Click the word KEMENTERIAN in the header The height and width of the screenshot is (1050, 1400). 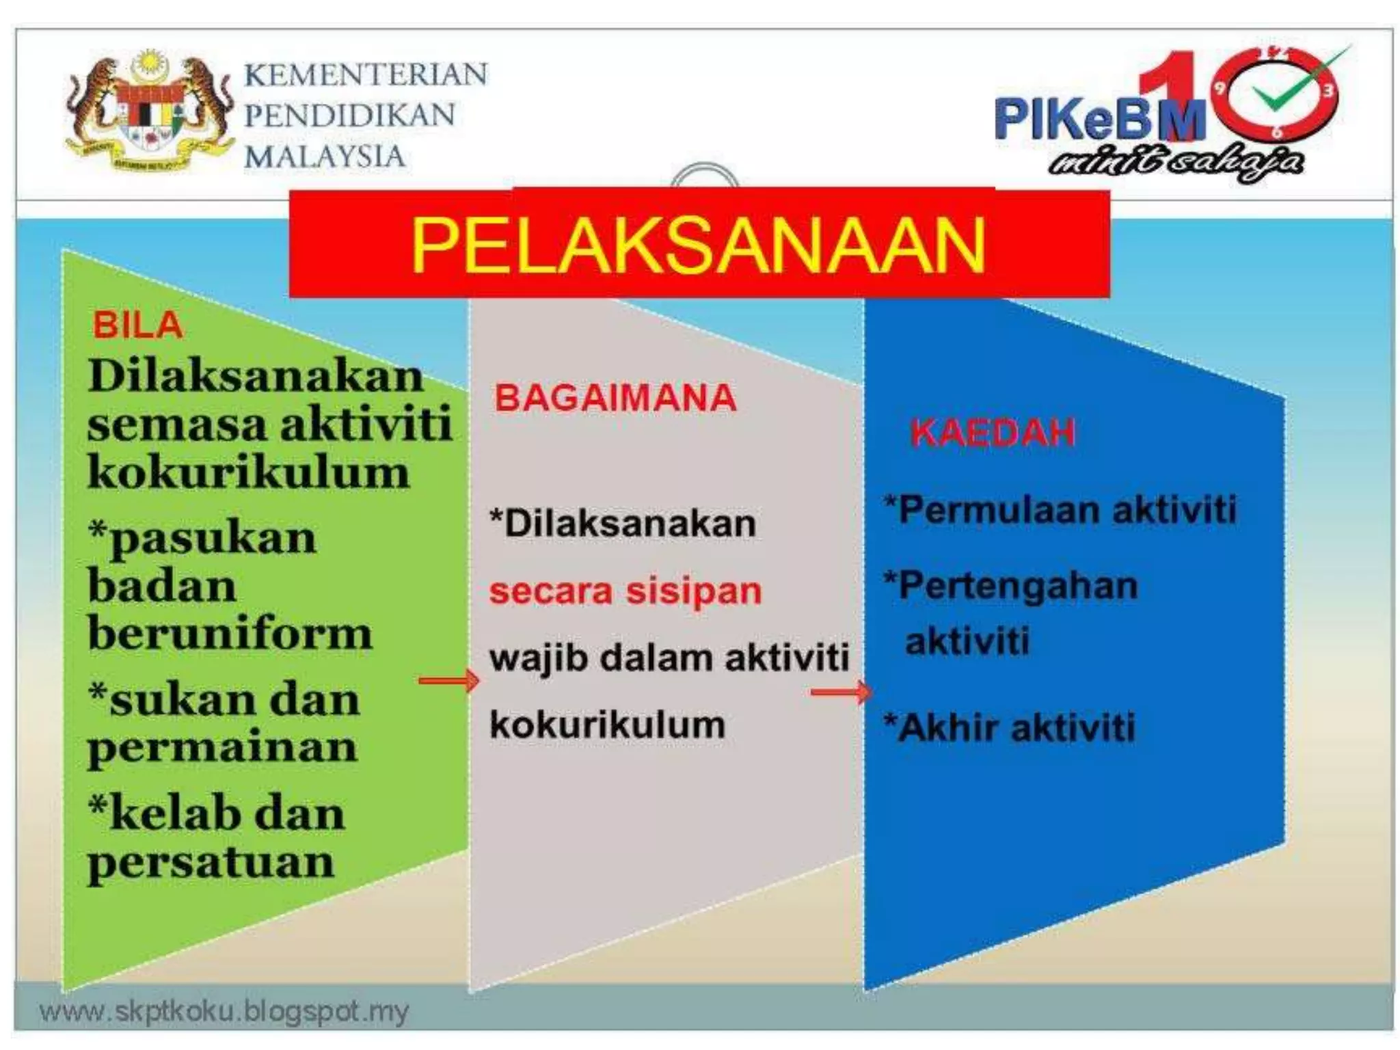[x=366, y=74]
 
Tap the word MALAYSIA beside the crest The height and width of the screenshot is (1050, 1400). [x=325, y=157]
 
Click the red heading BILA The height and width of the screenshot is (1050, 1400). [x=138, y=325]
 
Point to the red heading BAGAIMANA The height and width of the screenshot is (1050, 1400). [x=615, y=398]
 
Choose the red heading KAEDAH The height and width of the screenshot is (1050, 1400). [x=993, y=432]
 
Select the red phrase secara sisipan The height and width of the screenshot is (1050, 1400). [x=625, y=591]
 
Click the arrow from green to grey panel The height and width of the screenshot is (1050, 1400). [x=448, y=680]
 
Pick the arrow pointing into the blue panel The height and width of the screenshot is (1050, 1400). [x=841, y=692]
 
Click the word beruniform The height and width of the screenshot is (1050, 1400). [x=230, y=634]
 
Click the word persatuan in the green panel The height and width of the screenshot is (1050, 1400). [x=211, y=863]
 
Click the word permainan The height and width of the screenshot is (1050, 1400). [x=222, y=747]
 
